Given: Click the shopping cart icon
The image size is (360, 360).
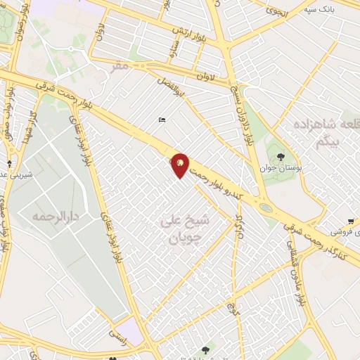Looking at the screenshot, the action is point(351,220).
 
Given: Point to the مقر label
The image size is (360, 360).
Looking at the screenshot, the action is point(120,66).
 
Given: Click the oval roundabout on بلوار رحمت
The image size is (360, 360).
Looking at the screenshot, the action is point(266,207).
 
